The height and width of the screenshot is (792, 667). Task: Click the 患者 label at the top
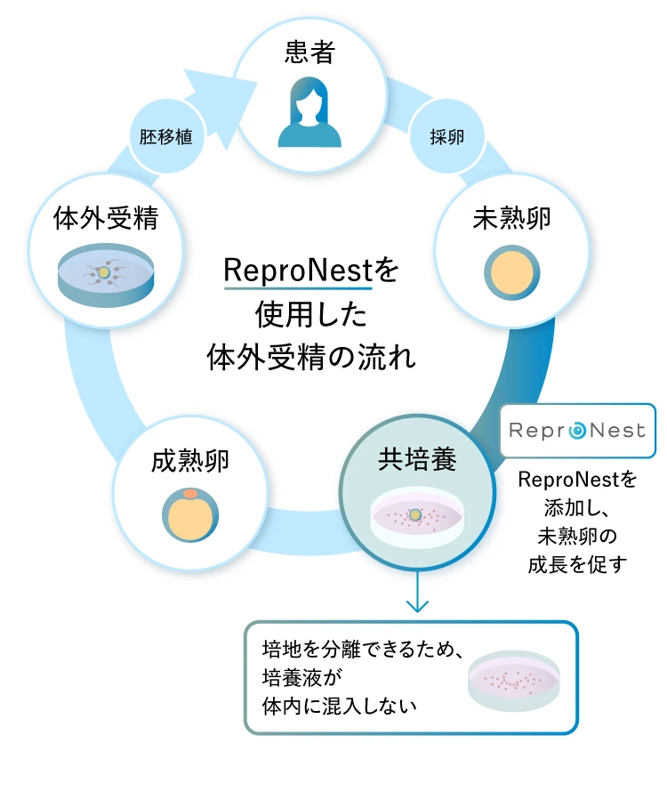point(309,52)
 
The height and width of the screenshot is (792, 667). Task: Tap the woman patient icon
point(309,112)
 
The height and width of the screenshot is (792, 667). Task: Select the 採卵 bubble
point(446,136)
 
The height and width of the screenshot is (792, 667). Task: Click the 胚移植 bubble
point(166,136)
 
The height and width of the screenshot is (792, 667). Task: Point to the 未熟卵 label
point(511,218)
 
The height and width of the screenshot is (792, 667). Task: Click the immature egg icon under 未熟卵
point(512,273)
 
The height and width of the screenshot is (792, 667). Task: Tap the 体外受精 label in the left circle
point(106,218)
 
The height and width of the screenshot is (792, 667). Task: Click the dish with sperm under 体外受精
point(106,275)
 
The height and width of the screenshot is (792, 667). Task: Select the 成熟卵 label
point(190,461)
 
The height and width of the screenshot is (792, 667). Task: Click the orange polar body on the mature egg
point(190,493)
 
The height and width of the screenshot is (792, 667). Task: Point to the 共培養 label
point(418,459)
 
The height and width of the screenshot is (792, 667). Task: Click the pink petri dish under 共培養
point(417,516)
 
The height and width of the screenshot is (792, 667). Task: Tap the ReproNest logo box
point(578,431)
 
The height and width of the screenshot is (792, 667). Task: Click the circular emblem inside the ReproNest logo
point(577,431)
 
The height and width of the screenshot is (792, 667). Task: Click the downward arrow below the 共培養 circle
point(418,591)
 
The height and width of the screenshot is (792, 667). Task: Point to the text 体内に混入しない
point(340,707)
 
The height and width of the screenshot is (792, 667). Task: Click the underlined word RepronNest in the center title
point(298,270)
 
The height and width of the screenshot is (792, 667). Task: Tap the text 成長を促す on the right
point(578,564)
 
